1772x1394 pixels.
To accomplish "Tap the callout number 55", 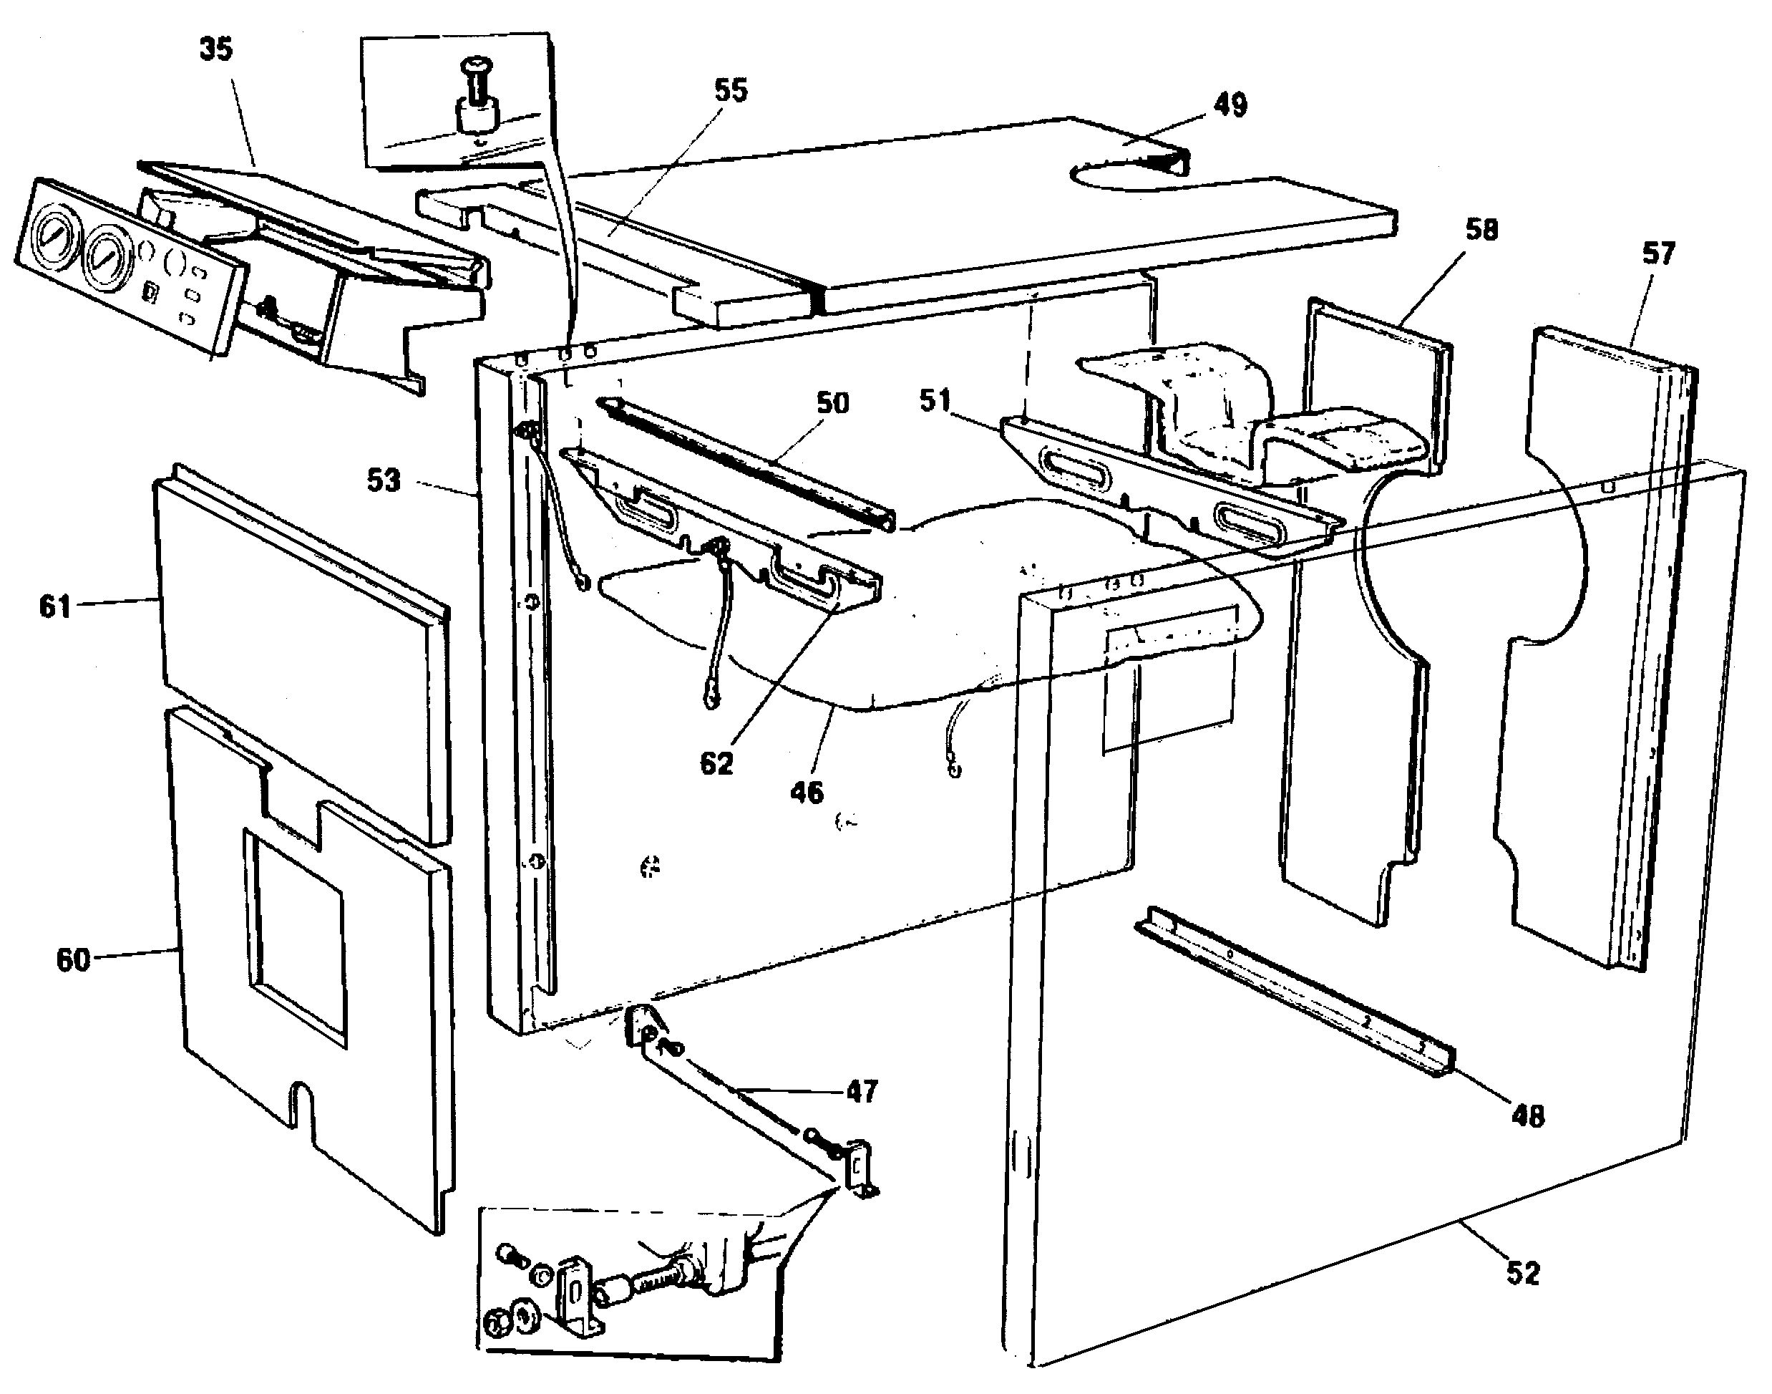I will (x=730, y=91).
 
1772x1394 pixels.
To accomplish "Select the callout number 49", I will (x=1230, y=105).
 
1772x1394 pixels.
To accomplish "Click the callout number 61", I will (x=56, y=607).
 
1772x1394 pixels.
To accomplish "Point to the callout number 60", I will (x=72, y=960).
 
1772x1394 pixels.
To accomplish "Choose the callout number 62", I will (x=716, y=764).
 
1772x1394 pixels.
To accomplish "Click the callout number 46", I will (x=806, y=793).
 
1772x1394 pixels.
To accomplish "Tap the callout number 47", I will (x=862, y=1091).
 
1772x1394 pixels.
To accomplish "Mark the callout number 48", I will (x=1527, y=1116).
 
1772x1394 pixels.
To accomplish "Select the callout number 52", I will (x=1522, y=1273).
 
